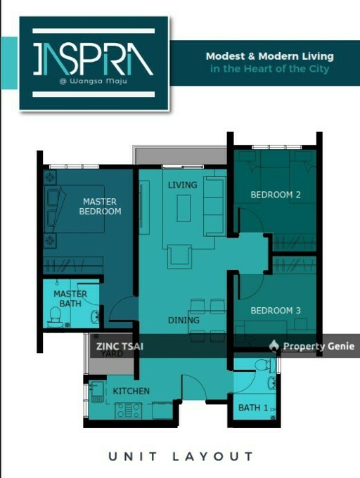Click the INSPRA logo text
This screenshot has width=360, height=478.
[x=93, y=60]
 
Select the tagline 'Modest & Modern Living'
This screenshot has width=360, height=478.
[x=269, y=56]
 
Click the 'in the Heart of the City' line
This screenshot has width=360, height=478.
[x=269, y=69]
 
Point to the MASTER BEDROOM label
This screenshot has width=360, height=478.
[x=100, y=206]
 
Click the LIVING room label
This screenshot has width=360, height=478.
[x=183, y=185]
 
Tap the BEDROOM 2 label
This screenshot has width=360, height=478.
[x=276, y=195]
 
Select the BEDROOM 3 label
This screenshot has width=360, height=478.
[x=276, y=311]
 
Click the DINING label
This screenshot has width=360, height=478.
[x=184, y=321]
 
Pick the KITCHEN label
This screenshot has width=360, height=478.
[x=131, y=391]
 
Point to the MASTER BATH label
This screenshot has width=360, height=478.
[x=70, y=299]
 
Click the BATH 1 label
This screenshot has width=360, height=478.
[x=252, y=408]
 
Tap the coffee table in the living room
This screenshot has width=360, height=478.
[x=184, y=208]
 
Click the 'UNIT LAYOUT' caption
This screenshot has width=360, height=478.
[x=181, y=457]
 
